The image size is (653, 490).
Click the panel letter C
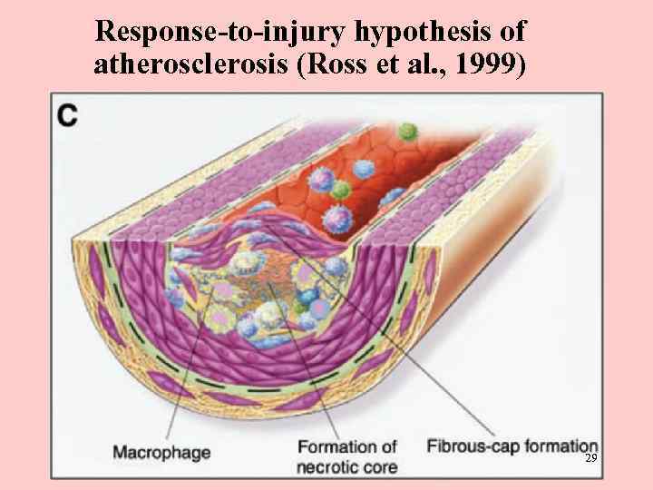pyautogui.click(x=67, y=114)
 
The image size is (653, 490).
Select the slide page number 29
pyautogui.click(x=590, y=460)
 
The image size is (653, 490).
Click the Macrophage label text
pyautogui.click(x=161, y=450)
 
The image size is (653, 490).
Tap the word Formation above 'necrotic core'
pyautogui.click(x=347, y=446)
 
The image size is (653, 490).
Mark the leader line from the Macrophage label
pyautogui.click(x=195, y=372)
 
